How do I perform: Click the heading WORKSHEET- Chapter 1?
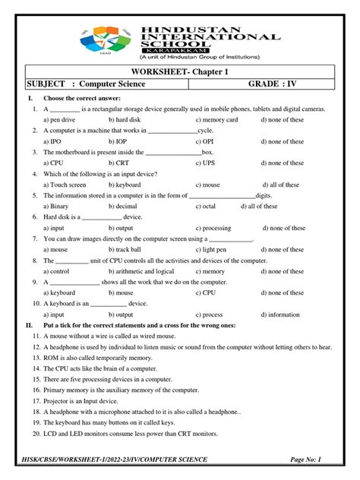click(179, 71)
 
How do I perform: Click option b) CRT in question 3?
click(119, 163)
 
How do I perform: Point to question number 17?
click(36, 400)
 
